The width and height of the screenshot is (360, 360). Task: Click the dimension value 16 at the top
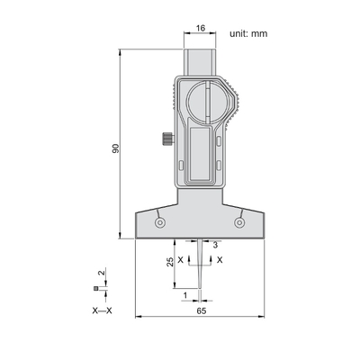[201, 28]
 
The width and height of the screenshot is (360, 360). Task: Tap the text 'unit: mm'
[248, 33]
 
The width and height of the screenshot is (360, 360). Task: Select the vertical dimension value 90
[116, 148]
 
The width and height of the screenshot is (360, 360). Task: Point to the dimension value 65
[202, 311]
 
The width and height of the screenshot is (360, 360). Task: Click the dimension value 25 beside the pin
[170, 262]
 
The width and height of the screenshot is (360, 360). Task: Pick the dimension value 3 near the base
[215, 246]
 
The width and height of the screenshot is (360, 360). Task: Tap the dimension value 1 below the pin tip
[185, 295]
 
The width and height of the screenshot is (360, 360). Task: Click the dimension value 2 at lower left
[102, 273]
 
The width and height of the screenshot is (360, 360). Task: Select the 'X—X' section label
[102, 310]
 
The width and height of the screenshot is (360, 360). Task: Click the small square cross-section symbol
[95, 289]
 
